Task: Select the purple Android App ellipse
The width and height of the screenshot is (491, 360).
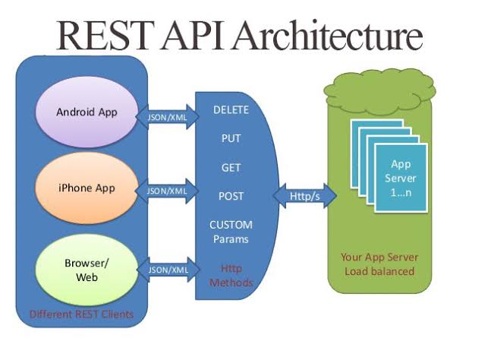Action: tap(87, 112)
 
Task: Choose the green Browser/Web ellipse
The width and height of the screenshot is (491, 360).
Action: tap(87, 270)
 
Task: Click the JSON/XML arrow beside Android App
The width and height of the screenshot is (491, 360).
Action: tap(168, 117)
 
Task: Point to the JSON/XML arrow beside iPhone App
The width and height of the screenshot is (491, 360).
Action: tap(168, 191)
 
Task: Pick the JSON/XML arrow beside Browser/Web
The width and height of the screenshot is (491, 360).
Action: tap(168, 269)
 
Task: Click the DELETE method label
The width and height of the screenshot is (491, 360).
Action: tap(231, 110)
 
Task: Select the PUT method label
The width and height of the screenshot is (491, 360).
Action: tap(231, 139)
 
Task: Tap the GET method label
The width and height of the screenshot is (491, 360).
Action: tap(231, 167)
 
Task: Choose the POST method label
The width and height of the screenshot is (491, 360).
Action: tap(231, 195)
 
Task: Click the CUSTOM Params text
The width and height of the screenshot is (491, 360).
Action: tap(231, 232)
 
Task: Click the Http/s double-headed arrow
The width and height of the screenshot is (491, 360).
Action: tap(306, 197)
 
